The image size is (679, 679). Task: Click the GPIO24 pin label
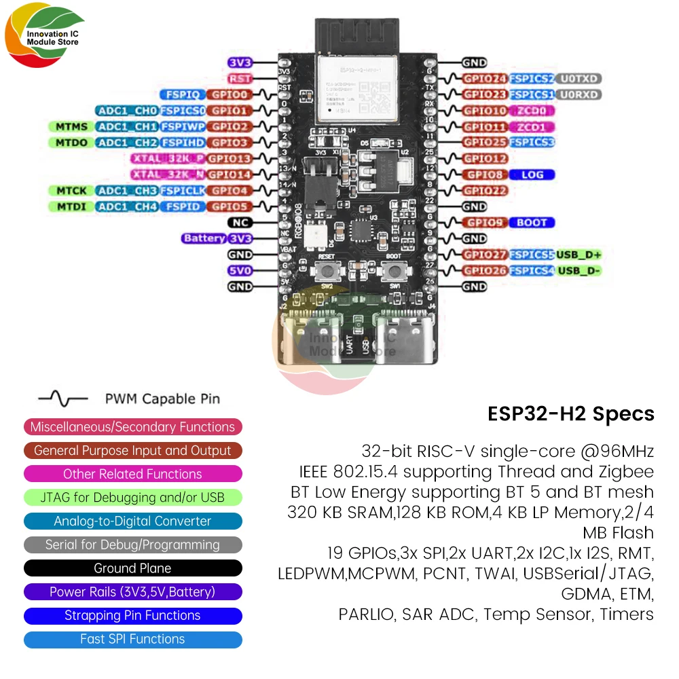click(485, 79)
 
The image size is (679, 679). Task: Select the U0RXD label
click(579, 94)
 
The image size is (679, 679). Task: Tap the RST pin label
click(240, 79)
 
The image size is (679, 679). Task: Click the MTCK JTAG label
click(71, 191)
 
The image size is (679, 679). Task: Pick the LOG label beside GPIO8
click(532, 175)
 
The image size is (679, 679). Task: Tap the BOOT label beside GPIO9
click(532, 222)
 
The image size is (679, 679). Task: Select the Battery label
click(204, 238)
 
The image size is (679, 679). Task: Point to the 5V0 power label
click(240, 270)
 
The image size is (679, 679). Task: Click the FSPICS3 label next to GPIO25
click(532, 142)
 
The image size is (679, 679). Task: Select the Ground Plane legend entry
click(132, 568)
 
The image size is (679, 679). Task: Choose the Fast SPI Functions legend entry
click(132, 639)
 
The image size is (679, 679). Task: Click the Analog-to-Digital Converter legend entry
click(132, 521)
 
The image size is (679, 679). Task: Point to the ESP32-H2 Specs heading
click(571, 414)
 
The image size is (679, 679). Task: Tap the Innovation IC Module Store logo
click(45, 37)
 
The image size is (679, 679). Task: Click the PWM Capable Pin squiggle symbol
click(62, 399)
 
